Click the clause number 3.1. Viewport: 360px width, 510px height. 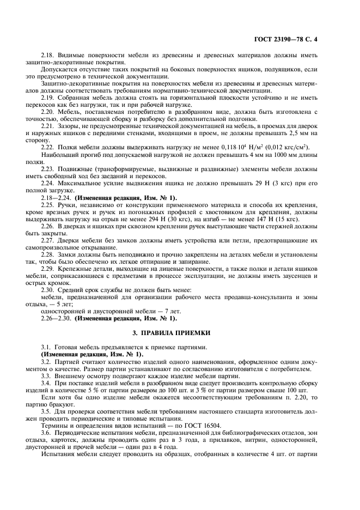coord(47,347)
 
